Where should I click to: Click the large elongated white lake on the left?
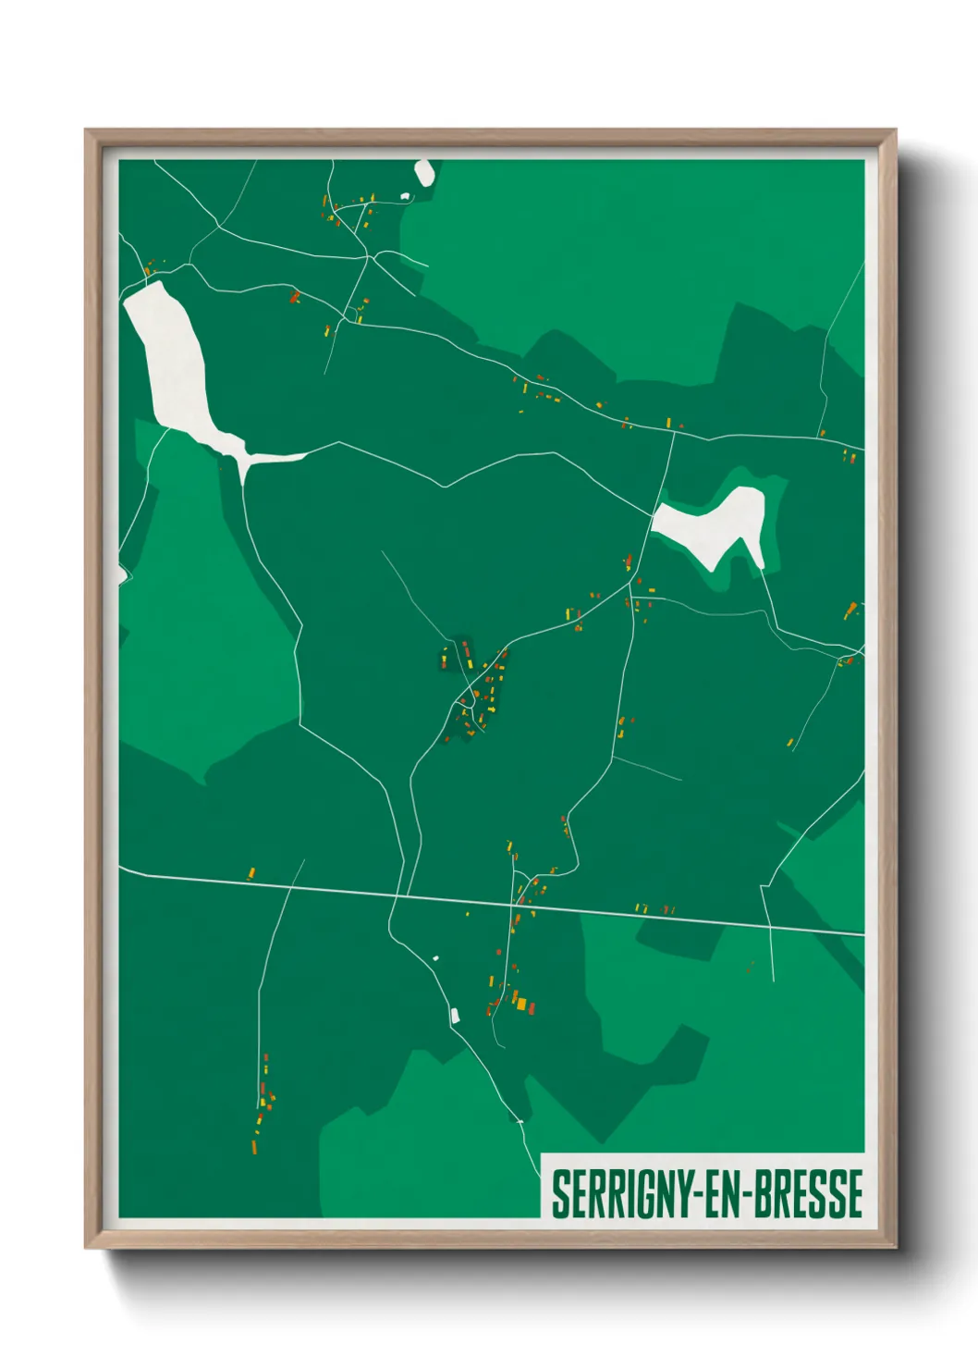click(176, 361)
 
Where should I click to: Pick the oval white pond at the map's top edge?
click(424, 172)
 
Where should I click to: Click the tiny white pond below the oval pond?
click(404, 196)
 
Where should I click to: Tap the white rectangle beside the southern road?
click(455, 1016)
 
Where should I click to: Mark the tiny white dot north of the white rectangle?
click(435, 958)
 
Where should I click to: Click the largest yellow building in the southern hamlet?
click(520, 1004)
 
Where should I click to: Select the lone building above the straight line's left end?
click(251, 871)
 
